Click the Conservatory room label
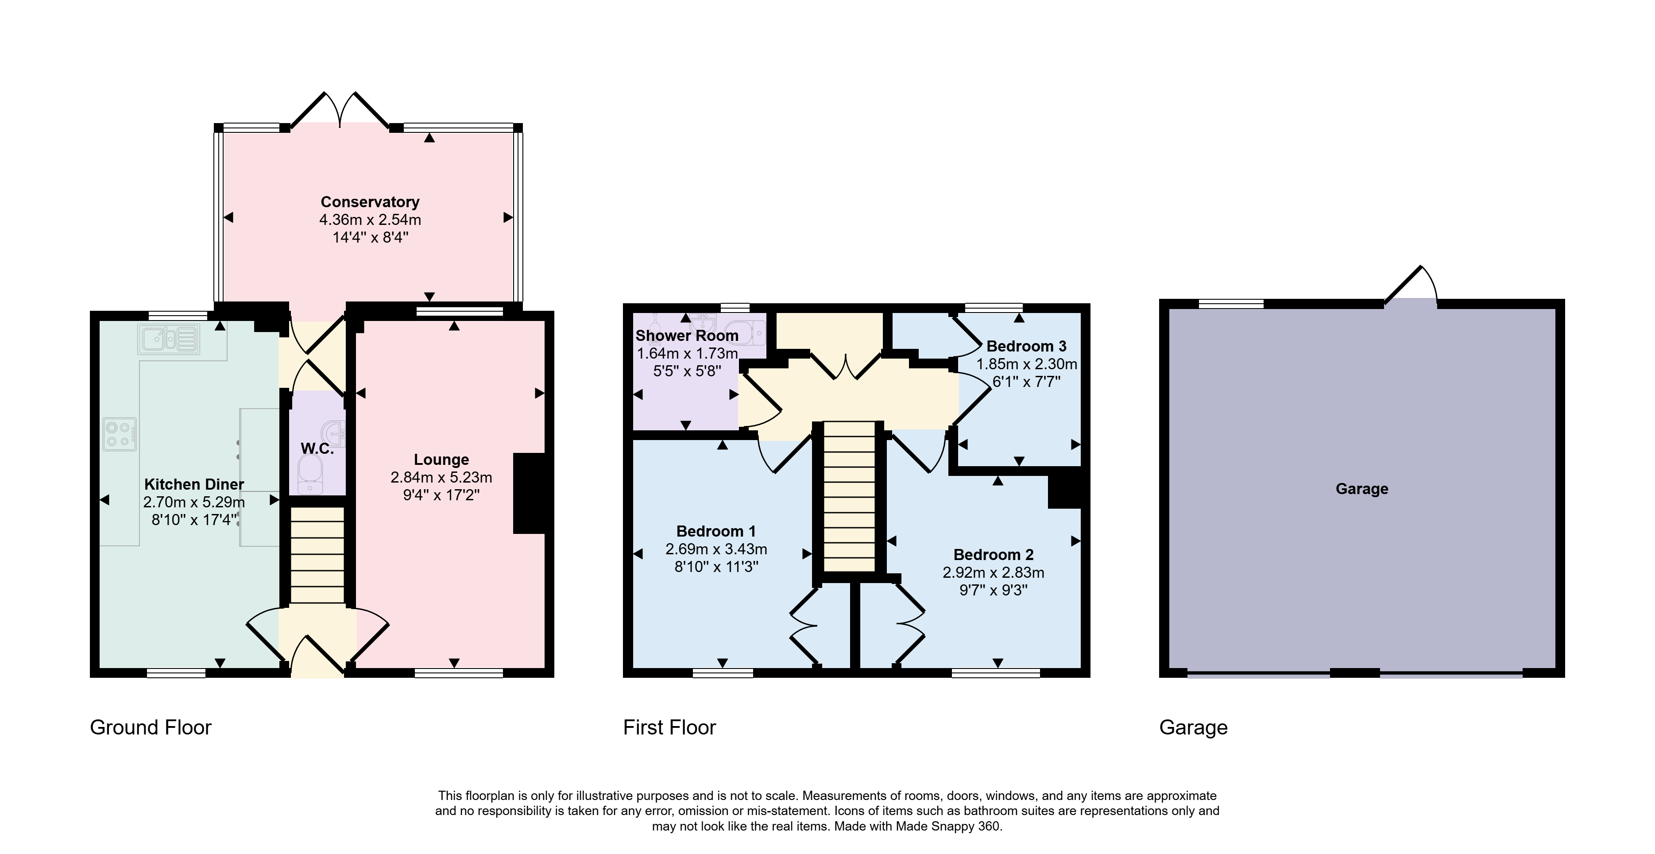pos(370,202)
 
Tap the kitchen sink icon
pos(168,339)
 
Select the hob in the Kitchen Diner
pos(120,434)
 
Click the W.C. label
pos(317,448)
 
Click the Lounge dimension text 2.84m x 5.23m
pos(441,477)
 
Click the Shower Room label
pos(687,336)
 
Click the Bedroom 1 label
pos(716,531)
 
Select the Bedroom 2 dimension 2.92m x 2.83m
pos(993,572)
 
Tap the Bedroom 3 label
pos(1027,346)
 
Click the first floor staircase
pos(849,496)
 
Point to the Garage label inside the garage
pos(1362,489)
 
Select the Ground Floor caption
pos(151,727)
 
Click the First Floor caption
pos(669,727)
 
